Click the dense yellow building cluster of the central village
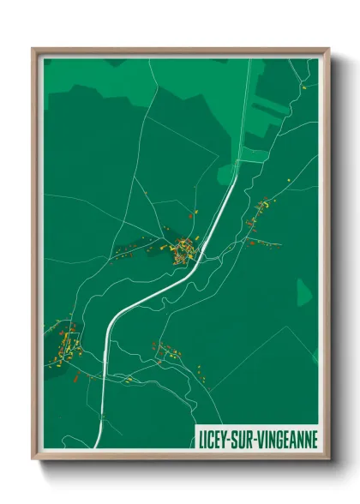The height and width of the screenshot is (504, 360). [183, 251]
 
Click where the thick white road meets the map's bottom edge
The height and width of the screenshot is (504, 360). [97, 447]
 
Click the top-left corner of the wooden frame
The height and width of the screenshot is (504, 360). [33, 49]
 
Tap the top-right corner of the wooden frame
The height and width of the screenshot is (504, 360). [328, 49]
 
